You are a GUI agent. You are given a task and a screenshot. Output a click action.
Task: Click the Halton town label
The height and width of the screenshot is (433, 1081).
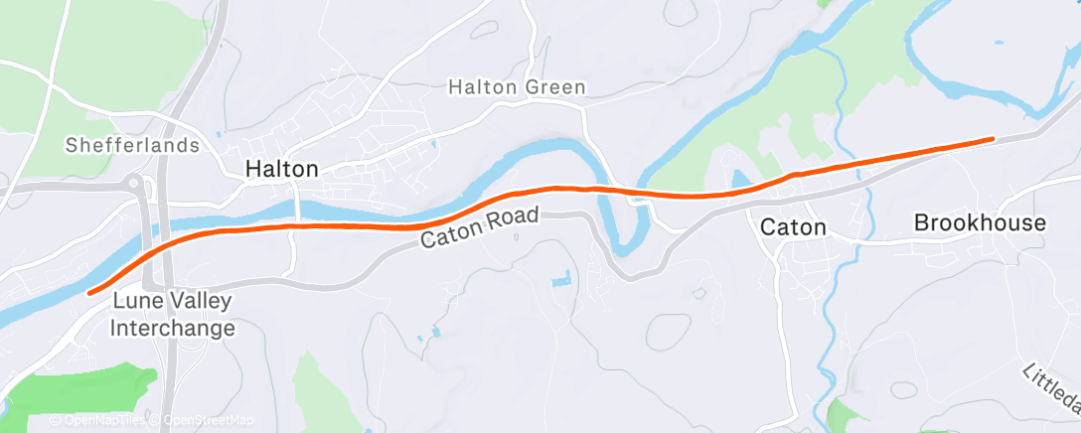pos(282,170)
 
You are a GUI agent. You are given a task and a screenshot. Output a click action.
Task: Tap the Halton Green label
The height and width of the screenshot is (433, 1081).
pos(517,87)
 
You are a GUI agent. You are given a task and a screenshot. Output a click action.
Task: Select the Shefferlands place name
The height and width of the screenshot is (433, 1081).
pos(132,146)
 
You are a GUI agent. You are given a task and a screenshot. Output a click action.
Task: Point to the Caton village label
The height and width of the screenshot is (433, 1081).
pos(792,227)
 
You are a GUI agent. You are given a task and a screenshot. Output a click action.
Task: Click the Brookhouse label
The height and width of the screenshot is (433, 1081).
pos(980,222)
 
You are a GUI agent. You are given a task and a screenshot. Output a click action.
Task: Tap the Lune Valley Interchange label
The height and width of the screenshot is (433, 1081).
pos(174,314)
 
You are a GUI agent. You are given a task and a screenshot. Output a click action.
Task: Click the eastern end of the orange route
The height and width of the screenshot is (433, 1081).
pos(991,139)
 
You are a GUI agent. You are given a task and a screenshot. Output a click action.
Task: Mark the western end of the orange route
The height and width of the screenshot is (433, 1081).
pos(90,292)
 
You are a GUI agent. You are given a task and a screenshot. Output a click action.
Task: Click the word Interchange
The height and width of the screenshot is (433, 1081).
pos(174,328)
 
